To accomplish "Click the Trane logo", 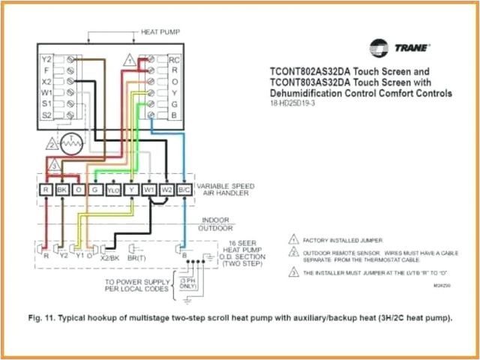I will point(402,47).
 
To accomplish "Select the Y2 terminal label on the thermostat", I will point(46,58).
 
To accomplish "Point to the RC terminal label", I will point(174,58).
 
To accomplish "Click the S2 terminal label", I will point(46,114).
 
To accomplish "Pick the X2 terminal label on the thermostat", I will point(46,81).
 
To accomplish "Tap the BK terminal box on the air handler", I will point(61,190).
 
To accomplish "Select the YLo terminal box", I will point(113,190).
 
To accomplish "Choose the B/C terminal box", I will point(183,190).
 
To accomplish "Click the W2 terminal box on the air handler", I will point(166,190).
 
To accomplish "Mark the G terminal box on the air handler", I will point(95,190).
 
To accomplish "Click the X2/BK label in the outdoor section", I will point(109,256).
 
